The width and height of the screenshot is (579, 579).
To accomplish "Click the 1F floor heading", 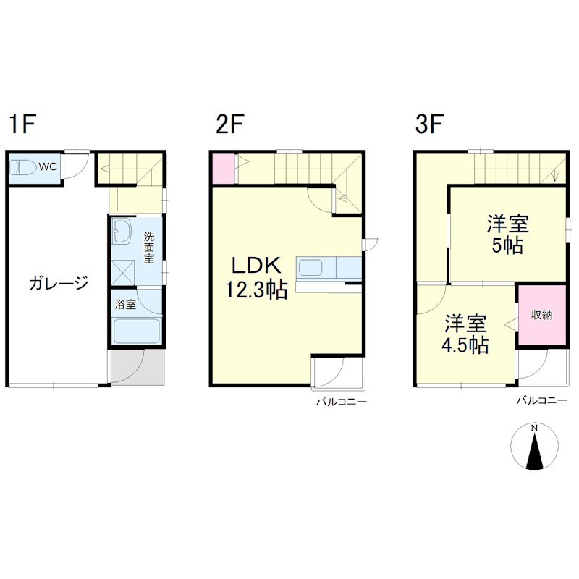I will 22,125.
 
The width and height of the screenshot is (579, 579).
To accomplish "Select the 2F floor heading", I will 229,125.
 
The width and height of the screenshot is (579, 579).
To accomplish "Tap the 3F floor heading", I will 428,125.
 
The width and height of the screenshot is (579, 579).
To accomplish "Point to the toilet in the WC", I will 24,168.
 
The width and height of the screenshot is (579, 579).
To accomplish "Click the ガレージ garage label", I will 58,282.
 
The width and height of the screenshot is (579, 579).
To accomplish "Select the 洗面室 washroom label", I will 148,247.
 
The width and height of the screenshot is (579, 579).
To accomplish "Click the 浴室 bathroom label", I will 126,304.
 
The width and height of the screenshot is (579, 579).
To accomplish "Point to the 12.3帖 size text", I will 255,290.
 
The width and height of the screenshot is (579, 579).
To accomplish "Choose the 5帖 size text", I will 507,245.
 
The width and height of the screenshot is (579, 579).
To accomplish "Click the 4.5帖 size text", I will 465,344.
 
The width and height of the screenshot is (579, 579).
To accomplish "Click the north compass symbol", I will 535,448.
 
